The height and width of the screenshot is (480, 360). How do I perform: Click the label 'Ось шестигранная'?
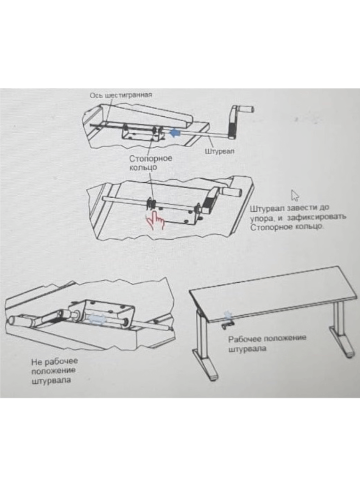pyautogui.click(x=121, y=95)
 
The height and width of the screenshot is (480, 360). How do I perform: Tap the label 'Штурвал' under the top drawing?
pyautogui.click(x=220, y=151)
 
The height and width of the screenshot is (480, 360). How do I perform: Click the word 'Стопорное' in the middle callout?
pyautogui.click(x=151, y=159)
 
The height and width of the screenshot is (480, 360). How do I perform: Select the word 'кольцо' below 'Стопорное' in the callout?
pyautogui.click(x=143, y=167)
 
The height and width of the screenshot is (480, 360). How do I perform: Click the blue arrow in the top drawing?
pyautogui.click(x=175, y=133)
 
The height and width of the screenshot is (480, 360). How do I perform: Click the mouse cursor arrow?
pyautogui.click(x=295, y=196)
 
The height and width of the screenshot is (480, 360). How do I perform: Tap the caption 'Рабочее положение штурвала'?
pyautogui.click(x=267, y=344)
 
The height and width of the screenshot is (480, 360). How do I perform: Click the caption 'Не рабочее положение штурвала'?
pyautogui.click(x=55, y=371)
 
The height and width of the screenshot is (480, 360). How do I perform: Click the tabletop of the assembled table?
pyautogui.click(x=273, y=293)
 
